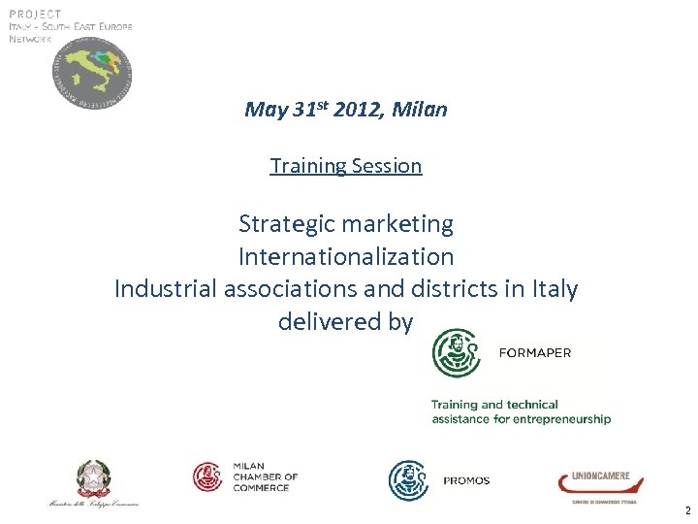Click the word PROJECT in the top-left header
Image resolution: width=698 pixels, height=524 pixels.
pos(35,14)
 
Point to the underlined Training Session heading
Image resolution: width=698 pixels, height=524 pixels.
pos(346,166)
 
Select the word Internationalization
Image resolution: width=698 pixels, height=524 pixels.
pos(346,257)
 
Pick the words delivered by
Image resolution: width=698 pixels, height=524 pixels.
pos(346,321)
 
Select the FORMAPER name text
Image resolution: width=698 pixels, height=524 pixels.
pos(534,353)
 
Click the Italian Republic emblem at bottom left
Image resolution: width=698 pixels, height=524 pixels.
pos(94,478)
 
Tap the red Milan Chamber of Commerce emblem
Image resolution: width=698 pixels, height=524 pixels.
pos(208,476)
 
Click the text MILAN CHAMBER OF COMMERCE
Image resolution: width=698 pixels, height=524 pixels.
pos(265,476)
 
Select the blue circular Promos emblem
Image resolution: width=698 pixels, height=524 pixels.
pos(409,480)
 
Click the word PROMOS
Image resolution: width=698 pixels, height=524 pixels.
pos(466,480)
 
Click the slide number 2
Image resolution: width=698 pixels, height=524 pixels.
pos(686,510)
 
